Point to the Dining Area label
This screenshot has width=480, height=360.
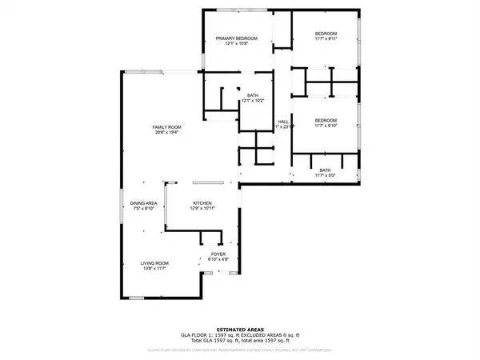[143, 203]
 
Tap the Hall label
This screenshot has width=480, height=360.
[282, 122]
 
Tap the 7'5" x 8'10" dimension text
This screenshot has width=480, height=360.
[143, 209]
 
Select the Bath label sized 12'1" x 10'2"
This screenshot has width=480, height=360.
[253, 95]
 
